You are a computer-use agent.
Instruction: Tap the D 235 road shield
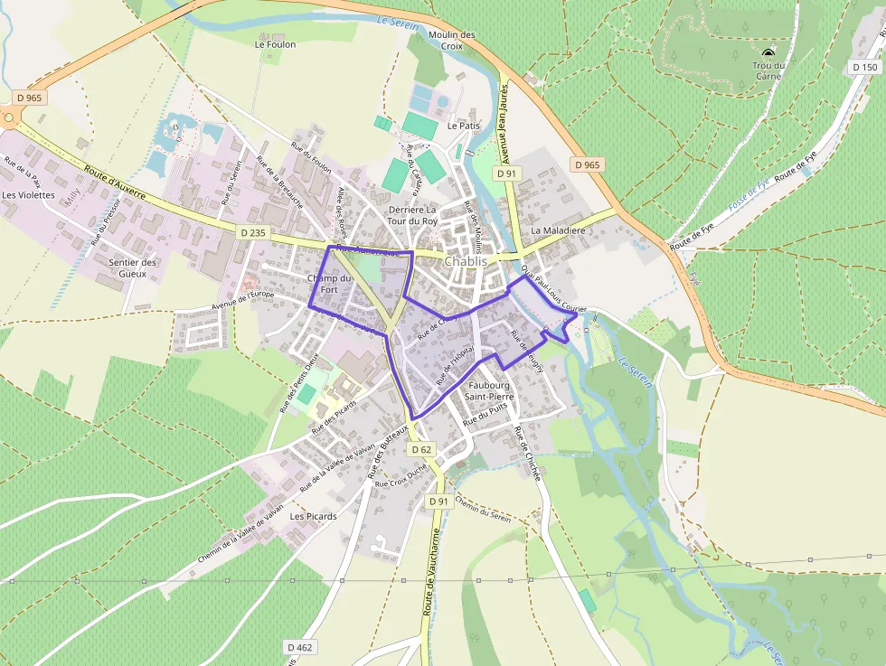(254, 232)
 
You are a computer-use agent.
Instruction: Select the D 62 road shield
(420, 449)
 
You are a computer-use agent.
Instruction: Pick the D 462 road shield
(300, 647)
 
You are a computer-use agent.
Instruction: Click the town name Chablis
(466, 261)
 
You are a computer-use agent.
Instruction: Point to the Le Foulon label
(275, 43)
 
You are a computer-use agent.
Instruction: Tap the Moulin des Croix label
(452, 40)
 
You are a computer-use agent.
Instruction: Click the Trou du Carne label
(768, 70)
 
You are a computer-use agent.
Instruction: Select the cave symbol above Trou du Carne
(768, 52)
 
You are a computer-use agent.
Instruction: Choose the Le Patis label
(464, 126)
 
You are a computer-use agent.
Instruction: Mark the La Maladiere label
(558, 230)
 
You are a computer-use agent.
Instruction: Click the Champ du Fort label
(328, 284)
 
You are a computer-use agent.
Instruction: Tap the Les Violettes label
(28, 194)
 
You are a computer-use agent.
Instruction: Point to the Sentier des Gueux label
(132, 267)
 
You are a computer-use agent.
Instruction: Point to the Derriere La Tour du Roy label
(411, 215)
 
